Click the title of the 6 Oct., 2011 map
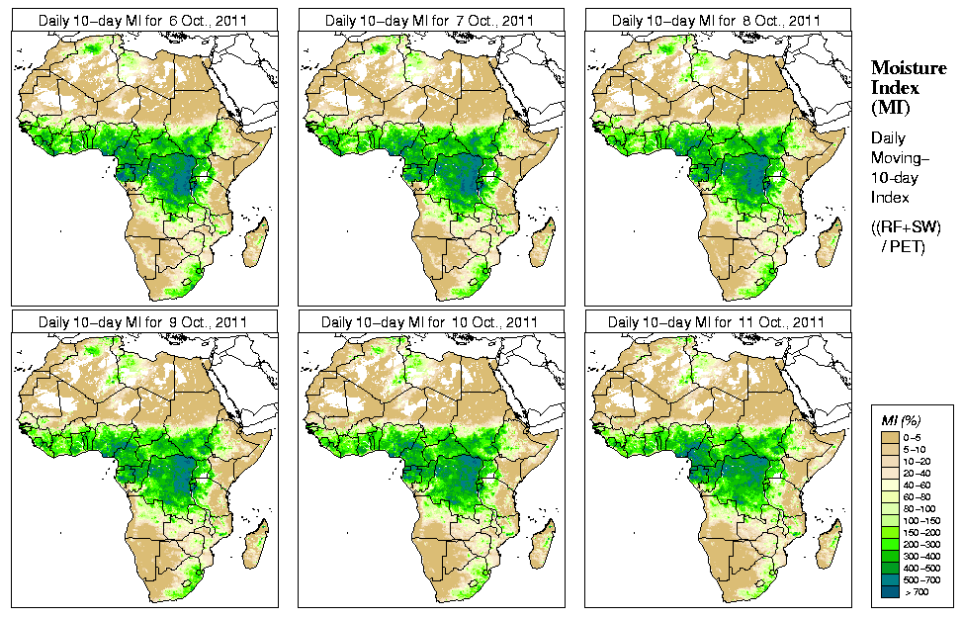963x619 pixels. [x=144, y=20]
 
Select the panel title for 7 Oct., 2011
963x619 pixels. [x=431, y=20]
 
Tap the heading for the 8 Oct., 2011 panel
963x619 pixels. [x=718, y=20]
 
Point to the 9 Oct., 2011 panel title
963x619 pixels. [x=144, y=321]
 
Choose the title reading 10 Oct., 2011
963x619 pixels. [x=431, y=321]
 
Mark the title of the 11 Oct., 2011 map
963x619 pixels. [x=718, y=321]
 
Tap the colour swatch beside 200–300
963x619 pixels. [x=890, y=545]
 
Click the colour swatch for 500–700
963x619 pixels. [x=890, y=580]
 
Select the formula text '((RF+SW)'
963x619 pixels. [x=907, y=227]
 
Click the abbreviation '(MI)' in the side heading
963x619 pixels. [x=890, y=106]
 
